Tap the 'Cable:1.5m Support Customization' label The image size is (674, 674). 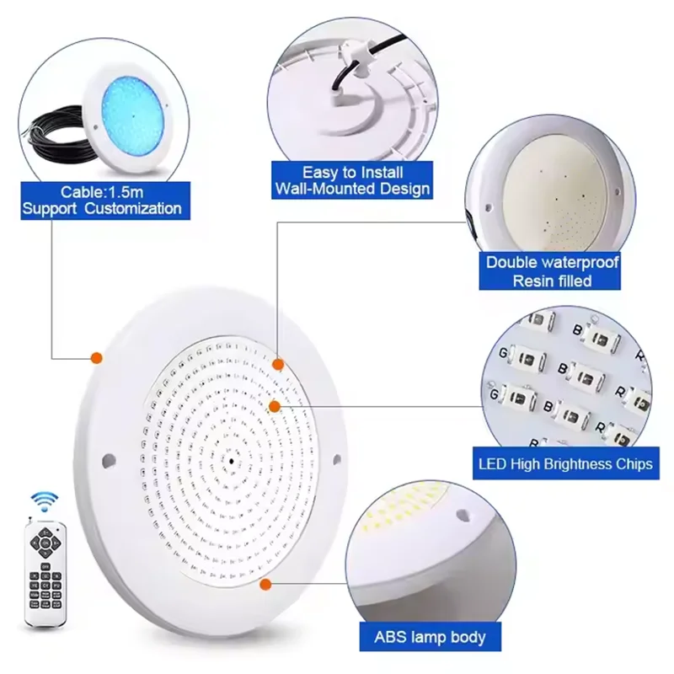click(101, 201)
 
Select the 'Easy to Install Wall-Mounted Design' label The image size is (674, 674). click(351, 180)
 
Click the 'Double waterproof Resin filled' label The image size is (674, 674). click(552, 271)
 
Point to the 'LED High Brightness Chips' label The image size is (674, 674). click(564, 464)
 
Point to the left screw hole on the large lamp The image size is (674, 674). click(108, 460)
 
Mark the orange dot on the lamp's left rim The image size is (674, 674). click(96, 357)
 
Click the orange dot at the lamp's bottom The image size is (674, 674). click(265, 583)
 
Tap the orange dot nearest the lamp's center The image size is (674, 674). click(274, 406)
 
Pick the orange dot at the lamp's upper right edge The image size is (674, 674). click(279, 363)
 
